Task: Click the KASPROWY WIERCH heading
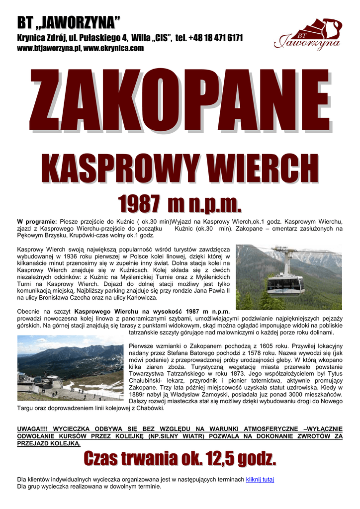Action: [180, 169]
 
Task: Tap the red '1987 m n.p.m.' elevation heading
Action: [180, 204]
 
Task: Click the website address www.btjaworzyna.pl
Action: [49, 48]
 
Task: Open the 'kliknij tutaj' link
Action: [260, 479]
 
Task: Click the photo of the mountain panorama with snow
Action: [70, 368]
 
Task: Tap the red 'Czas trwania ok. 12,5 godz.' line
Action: [180, 458]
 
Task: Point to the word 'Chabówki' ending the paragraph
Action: [149, 408]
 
